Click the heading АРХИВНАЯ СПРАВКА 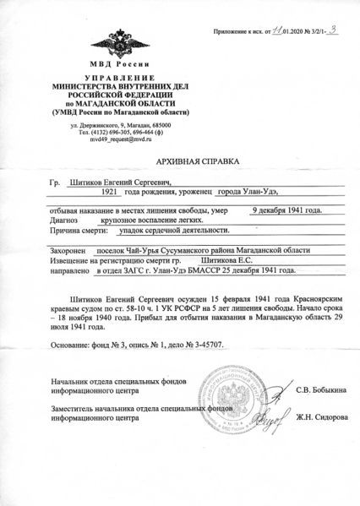click(x=180, y=160)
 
